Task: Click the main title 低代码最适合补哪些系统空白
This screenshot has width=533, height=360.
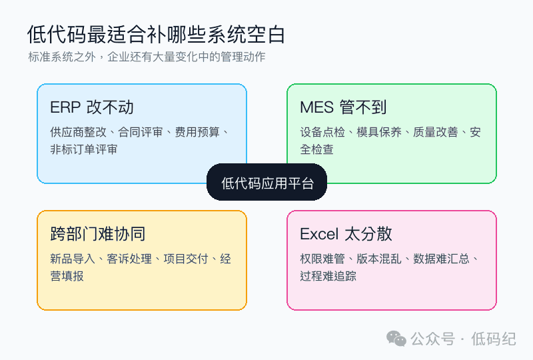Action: pos(156,35)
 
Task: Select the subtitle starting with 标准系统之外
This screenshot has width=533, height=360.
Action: pos(147,57)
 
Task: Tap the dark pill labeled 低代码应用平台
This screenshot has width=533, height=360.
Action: pos(267,183)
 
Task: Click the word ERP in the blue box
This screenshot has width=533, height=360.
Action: pos(65,107)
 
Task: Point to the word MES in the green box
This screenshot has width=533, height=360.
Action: pos(317,107)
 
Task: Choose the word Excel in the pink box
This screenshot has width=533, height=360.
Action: pos(319,234)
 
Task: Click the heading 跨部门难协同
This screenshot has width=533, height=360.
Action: pos(98,234)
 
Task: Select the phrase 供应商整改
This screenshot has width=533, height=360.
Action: pos(78,132)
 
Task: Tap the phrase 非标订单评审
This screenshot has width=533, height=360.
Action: pos(84,149)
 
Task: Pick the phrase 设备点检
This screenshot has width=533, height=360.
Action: pos(322,132)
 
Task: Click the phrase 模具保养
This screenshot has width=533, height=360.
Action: pos(379,132)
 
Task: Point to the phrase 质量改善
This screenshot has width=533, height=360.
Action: pos(436,132)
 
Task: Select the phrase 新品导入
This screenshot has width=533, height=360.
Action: pos(73,259)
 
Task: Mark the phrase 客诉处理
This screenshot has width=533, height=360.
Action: pos(129,259)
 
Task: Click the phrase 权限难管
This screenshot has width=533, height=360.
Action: pos(322,259)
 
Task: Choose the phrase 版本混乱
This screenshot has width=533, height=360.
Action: pos(379,259)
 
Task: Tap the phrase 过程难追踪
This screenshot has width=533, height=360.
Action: pos(328,276)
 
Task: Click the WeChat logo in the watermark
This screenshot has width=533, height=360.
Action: pos(396,339)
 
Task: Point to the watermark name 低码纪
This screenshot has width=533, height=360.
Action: pos(494,339)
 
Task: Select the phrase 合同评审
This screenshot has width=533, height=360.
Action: pos(141,132)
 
